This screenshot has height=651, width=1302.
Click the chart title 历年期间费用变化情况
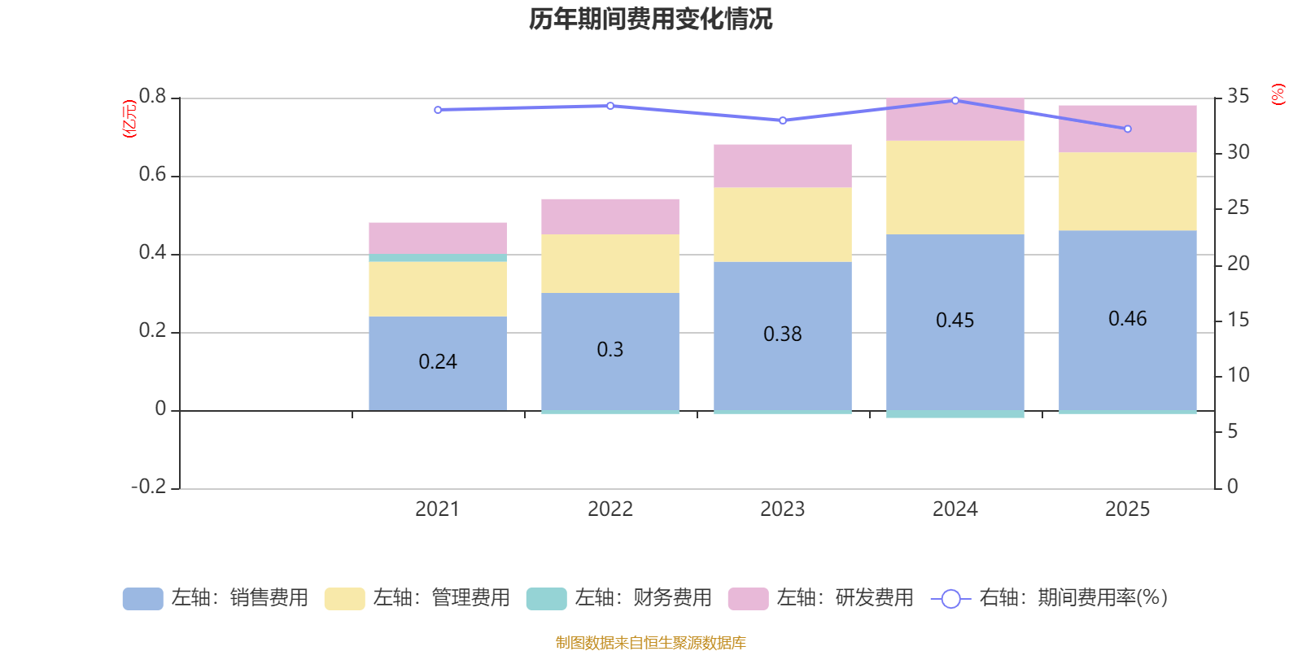click(650, 19)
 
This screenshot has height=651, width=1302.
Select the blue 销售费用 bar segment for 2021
click(437, 382)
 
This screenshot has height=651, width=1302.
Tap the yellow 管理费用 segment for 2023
click(782, 225)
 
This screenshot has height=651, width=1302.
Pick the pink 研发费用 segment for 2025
click(1127, 129)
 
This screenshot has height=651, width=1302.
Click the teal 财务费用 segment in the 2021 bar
click(437, 257)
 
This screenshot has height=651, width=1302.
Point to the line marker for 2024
click(955, 100)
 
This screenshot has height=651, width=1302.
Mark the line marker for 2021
click(438, 110)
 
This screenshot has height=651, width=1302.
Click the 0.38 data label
click(782, 334)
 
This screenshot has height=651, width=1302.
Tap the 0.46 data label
click(1127, 319)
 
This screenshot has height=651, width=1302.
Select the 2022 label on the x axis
click(609, 509)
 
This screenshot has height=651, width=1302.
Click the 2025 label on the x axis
click(1127, 509)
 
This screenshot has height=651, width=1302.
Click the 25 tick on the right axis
click(1238, 208)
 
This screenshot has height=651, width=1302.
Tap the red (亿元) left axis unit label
click(129, 119)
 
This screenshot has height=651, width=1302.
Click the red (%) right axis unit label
click(1278, 94)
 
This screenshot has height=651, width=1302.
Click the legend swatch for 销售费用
click(142, 599)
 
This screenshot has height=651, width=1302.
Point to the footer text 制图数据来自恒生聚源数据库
click(650, 643)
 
